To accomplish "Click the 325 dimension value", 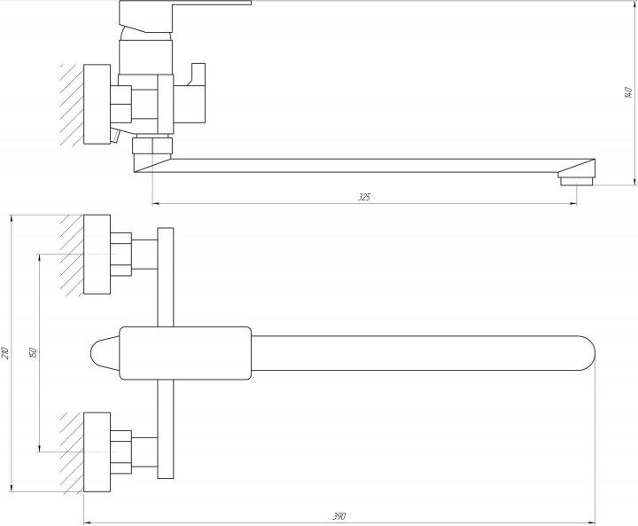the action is tap(364, 197).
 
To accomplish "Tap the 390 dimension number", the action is tap(339, 516).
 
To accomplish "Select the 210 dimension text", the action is tap(5, 353).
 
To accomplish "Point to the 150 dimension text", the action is tap(34, 353).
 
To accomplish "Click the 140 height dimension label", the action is tap(628, 92).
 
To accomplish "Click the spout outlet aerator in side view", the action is tap(577, 180).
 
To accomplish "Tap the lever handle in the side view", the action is tap(184, 15).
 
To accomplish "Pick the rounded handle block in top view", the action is tap(185, 353).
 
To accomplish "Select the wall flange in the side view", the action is tap(97, 104).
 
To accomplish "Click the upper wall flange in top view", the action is tap(97, 255).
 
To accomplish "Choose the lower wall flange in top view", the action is tap(97, 452).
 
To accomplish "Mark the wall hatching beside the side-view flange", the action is tap(72, 105).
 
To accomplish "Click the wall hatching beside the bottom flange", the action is tap(72, 453).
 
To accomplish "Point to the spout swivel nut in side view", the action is tap(152, 145).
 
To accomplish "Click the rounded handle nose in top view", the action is tap(105, 353).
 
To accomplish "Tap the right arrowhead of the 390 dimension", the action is tap(591, 522).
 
